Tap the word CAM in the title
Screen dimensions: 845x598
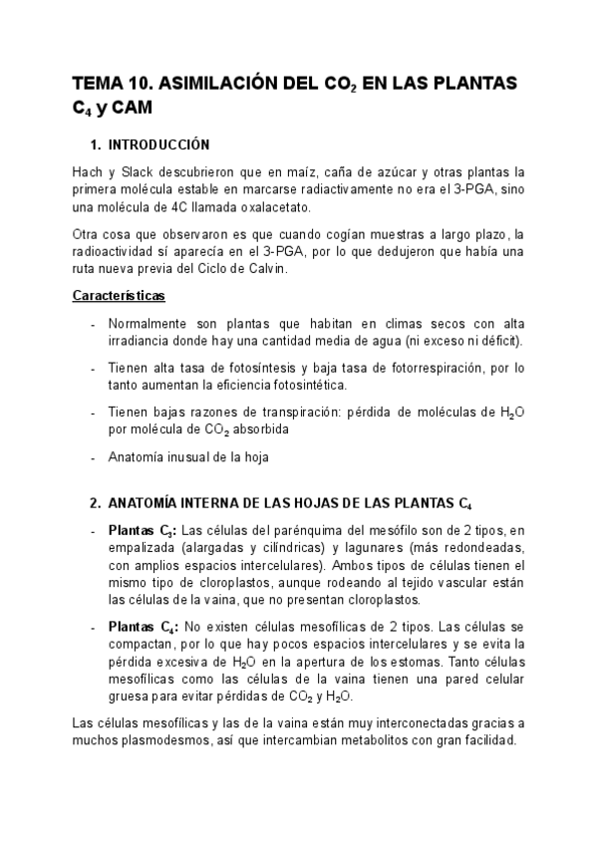133,108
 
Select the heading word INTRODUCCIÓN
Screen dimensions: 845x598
158,143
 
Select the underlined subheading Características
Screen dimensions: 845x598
120,296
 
